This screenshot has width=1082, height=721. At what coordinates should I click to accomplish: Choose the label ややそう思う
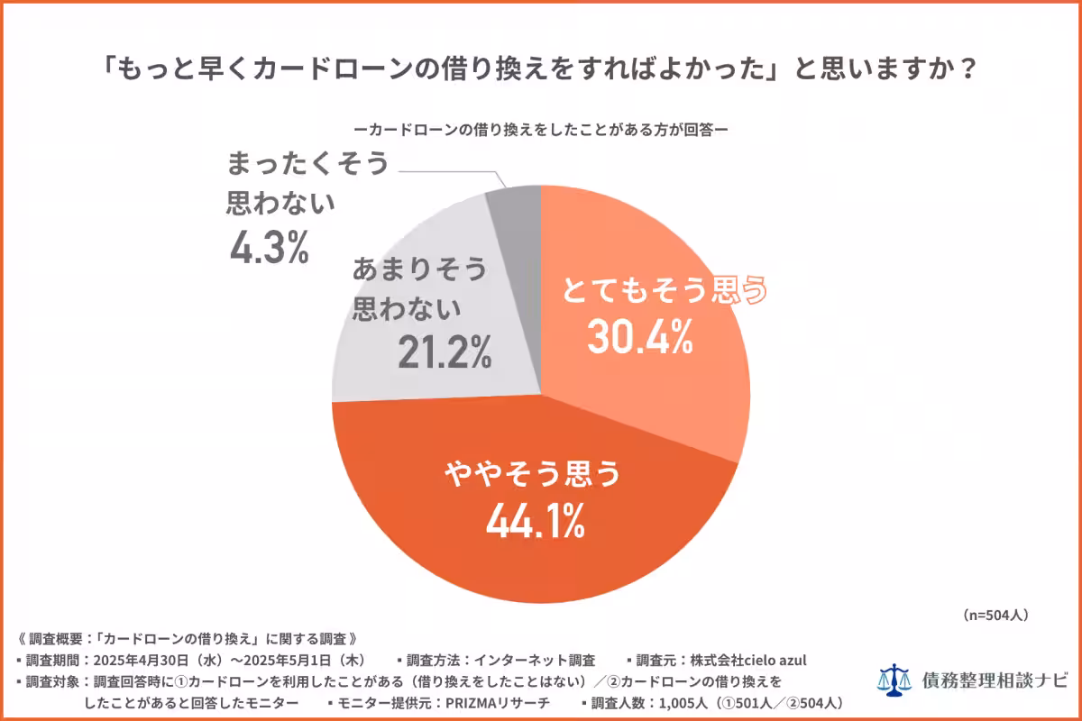tap(532, 473)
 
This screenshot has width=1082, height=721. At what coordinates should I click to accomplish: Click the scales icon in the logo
tap(895, 679)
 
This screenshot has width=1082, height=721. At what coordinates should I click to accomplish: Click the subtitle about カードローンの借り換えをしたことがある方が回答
tap(540, 128)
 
